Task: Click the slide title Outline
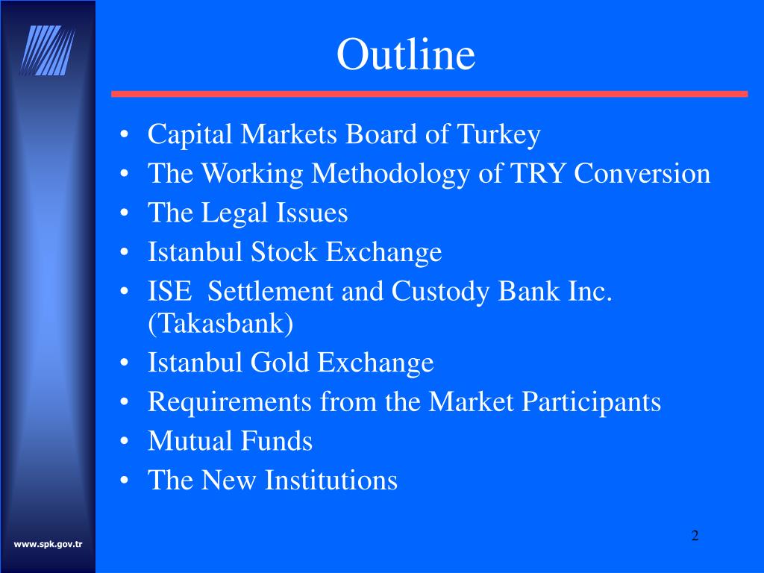click(x=405, y=54)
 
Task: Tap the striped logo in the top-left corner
click(x=48, y=50)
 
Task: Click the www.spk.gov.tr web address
click(x=48, y=544)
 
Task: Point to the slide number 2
click(x=695, y=535)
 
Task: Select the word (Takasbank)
click(x=221, y=324)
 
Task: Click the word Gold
click(x=280, y=363)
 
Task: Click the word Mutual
click(x=190, y=441)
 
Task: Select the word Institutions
click(x=331, y=480)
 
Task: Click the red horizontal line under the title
click(x=429, y=94)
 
